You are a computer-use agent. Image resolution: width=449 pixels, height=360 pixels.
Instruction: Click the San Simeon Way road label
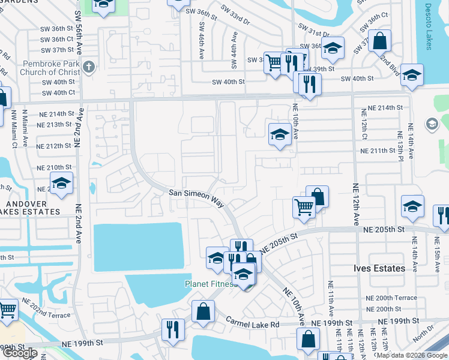click(x=196, y=199)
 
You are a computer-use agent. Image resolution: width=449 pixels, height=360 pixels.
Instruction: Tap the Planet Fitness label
click(x=209, y=283)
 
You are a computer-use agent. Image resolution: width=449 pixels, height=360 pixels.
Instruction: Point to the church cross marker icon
click(x=89, y=66)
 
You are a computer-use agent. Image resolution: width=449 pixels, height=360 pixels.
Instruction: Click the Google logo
click(x=20, y=353)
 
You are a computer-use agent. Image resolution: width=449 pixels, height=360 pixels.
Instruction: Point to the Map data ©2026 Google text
click(x=411, y=355)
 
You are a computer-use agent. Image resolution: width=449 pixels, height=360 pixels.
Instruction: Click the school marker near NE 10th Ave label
click(x=279, y=135)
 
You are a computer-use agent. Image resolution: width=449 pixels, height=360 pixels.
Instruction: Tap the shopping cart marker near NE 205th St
click(x=304, y=207)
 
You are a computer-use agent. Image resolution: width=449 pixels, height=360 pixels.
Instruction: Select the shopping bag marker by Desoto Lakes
click(x=380, y=41)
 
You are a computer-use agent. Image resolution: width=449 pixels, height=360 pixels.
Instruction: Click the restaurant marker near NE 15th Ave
click(x=442, y=216)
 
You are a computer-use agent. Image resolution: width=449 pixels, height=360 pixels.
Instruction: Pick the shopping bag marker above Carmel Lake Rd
click(x=203, y=312)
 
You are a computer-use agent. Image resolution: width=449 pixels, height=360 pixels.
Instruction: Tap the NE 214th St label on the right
click(x=382, y=107)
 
